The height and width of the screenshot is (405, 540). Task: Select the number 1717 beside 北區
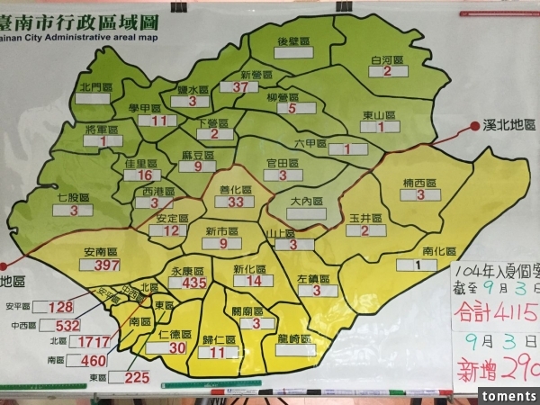(x=93, y=343)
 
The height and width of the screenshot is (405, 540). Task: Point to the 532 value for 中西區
(x=67, y=325)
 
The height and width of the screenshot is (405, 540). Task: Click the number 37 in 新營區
(x=239, y=87)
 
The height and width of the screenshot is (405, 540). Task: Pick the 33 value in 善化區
(x=236, y=202)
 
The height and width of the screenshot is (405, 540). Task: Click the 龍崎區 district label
(x=293, y=338)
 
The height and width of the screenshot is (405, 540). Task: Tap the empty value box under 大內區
(x=306, y=213)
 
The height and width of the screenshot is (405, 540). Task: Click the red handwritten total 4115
(x=509, y=313)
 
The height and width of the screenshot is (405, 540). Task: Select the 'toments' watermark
(x=509, y=396)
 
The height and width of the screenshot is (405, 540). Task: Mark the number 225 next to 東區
(x=137, y=377)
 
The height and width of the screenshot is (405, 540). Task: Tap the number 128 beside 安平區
(x=61, y=307)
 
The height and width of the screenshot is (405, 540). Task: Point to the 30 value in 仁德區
(x=177, y=347)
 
